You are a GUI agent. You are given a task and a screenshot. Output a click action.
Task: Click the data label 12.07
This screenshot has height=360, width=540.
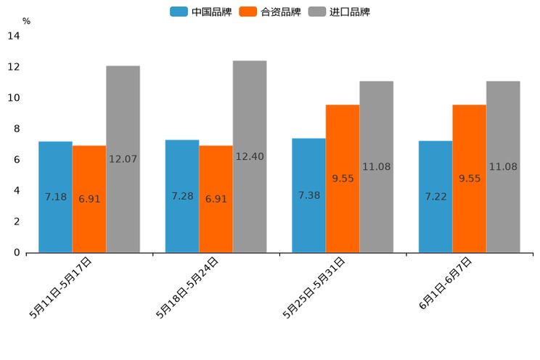coord(123,158)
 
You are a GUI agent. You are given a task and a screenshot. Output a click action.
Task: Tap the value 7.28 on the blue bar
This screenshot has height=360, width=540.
coord(182,196)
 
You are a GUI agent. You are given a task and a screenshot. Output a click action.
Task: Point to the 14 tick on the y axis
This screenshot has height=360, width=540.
coord(14,36)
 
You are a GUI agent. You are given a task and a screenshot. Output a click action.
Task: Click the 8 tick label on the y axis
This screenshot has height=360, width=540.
coord(17,129)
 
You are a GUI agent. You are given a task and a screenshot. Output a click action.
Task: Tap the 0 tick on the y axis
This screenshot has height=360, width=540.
coord(17,253)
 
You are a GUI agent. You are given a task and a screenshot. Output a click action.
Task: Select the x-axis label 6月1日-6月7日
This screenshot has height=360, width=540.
coord(445,284)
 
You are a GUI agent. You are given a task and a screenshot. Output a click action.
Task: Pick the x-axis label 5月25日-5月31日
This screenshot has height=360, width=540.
coord(314,287)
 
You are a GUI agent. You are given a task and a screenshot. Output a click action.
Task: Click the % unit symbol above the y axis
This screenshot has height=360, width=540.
coord(26,21)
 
